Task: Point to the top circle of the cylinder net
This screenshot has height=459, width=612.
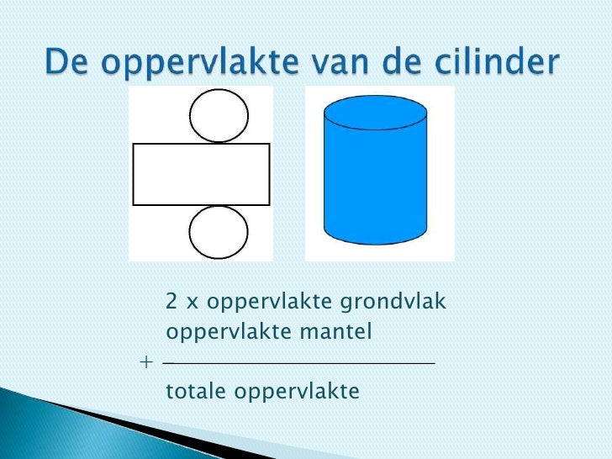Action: [219, 115]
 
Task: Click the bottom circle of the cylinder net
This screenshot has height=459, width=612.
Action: [219, 232]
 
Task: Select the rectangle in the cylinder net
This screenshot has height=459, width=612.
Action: [202, 174]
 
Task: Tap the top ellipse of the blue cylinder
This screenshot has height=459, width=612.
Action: [376, 115]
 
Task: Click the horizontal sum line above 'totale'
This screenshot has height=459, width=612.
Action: [299, 363]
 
